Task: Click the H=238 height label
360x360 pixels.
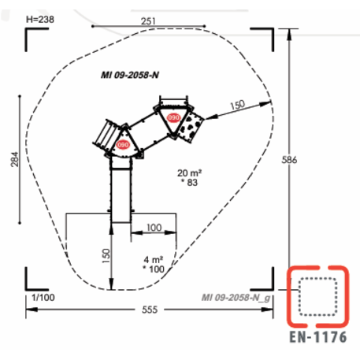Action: click(40, 20)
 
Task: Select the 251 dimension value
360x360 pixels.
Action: click(148, 21)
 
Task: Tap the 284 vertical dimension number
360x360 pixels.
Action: click(15, 159)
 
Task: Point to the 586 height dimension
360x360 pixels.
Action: click(289, 160)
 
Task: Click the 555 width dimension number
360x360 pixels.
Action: click(150, 310)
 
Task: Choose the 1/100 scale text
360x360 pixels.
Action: click(43, 298)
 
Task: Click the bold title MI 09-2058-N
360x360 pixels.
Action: click(130, 75)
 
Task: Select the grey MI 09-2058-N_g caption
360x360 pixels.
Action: click(236, 298)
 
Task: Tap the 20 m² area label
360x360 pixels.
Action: click(189, 173)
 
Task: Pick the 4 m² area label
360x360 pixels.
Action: click(154, 260)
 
